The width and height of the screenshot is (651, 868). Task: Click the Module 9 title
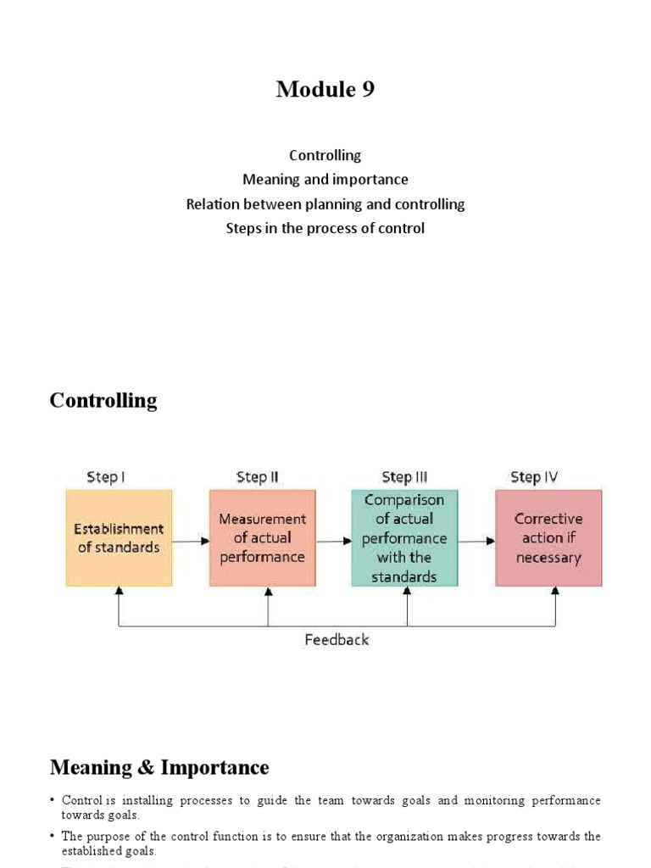coord(325,89)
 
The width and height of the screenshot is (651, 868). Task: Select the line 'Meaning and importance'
coord(325,180)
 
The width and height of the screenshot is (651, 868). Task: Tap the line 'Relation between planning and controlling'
coord(325,204)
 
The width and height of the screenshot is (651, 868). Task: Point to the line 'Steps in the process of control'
coord(325,228)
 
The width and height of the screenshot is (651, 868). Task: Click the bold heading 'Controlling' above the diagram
coord(103,400)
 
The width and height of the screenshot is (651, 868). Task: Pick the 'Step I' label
coord(106,477)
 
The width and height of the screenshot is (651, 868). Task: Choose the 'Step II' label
coord(257,477)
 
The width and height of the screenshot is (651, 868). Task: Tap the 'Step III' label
coord(404,477)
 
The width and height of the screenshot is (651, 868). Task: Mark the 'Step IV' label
coord(534,477)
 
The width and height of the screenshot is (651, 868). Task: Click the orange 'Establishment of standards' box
coord(119,537)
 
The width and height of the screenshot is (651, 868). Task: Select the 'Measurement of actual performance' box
coord(262,537)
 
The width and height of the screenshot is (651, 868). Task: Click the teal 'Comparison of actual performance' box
coord(405,537)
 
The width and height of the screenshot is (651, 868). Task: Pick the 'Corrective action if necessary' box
coord(548,537)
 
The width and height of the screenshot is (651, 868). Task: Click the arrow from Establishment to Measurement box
coord(191,537)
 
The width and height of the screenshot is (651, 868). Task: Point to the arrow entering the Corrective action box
coord(478,538)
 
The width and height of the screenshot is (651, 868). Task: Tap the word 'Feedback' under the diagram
coord(337,640)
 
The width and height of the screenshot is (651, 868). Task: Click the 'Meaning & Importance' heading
coord(159,768)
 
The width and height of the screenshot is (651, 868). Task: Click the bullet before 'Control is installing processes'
coord(53,801)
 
